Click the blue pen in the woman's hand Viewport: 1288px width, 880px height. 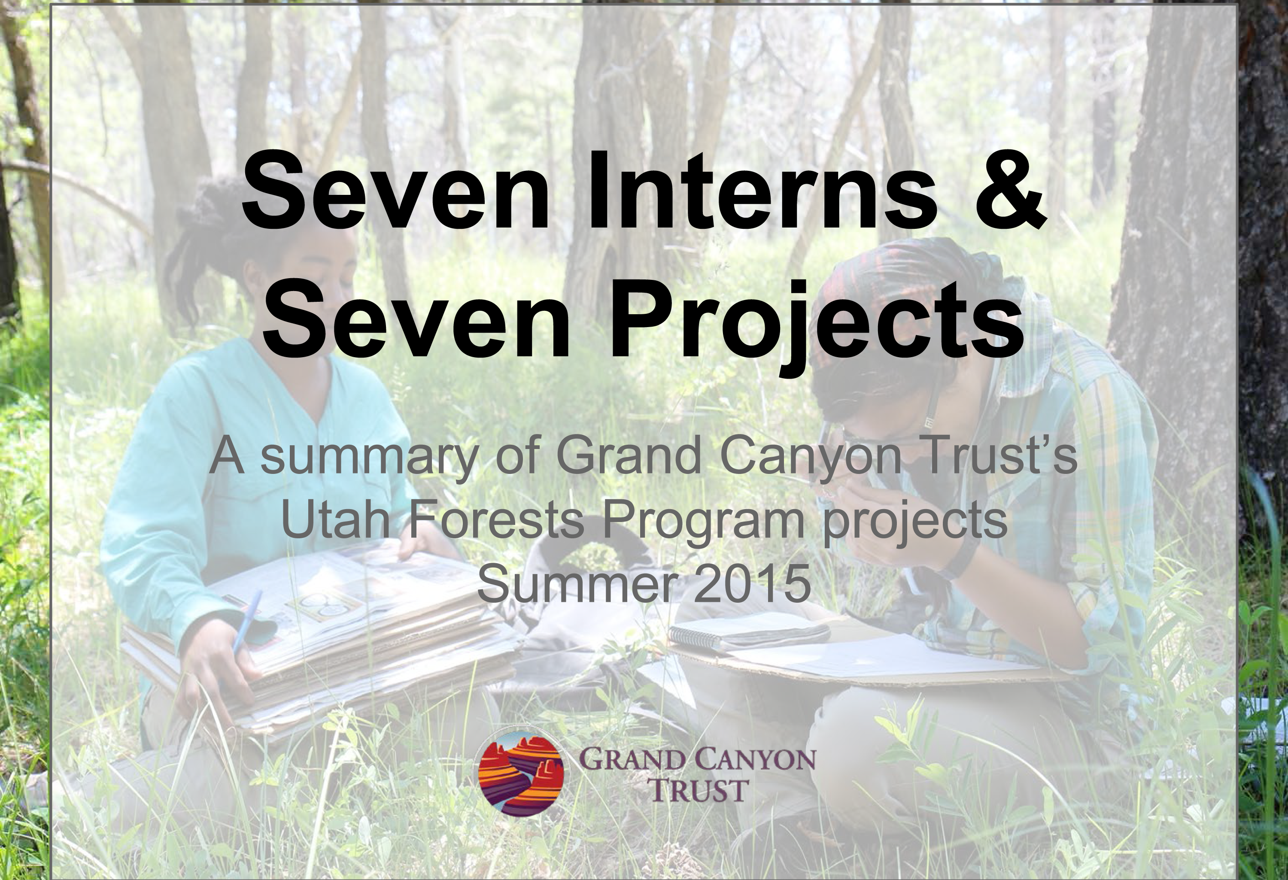click(x=246, y=621)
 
